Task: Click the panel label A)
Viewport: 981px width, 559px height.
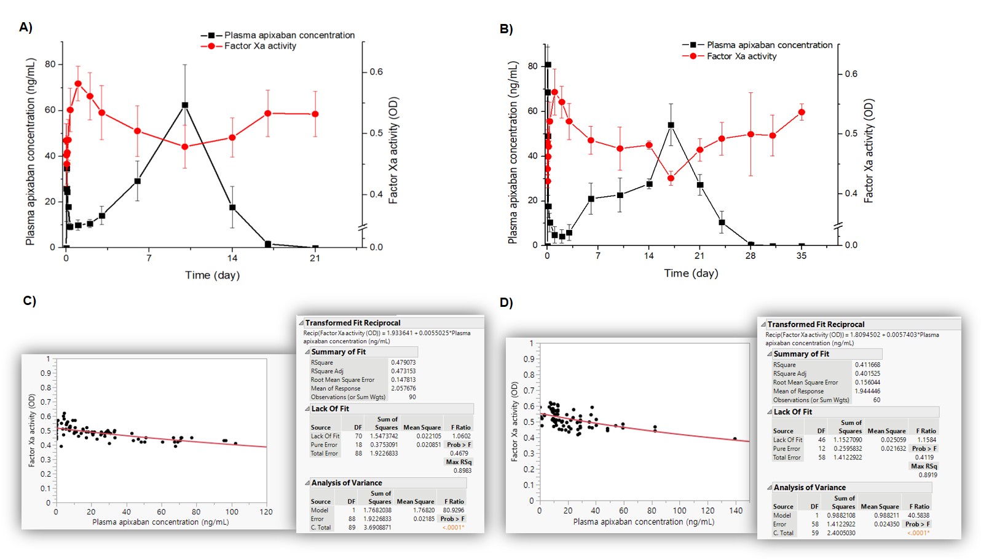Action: coord(26,27)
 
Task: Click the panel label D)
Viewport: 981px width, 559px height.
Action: coord(506,303)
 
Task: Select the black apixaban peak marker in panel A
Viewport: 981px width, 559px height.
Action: coord(185,105)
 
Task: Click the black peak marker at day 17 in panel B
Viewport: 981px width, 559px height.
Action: coord(671,125)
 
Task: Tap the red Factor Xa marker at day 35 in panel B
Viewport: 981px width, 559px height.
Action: coord(802,113)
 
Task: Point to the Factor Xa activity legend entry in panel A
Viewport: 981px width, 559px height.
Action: coord(259,46)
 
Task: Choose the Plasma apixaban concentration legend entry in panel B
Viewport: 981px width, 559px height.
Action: coord(769,46)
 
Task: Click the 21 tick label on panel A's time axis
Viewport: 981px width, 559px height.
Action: coord(315,258)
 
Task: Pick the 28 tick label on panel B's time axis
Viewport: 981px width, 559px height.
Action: coord(751,256)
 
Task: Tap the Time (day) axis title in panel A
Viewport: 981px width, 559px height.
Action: coord(212,275)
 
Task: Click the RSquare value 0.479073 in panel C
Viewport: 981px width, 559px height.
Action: coord(403,362)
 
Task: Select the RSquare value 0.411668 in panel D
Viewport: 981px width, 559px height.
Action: coord(867,365)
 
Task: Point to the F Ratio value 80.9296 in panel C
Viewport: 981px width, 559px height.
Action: coord(453,510)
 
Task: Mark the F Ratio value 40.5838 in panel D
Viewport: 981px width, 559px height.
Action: coord(918,515)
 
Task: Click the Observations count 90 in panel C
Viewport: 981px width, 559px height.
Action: coord(412,397)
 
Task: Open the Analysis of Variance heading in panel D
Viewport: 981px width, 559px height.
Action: coord(810,487)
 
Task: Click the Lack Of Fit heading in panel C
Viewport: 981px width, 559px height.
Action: coord(330,408)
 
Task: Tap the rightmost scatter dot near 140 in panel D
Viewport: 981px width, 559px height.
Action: coord(735,439)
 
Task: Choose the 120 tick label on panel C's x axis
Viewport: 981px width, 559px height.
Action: coord(266,512)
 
